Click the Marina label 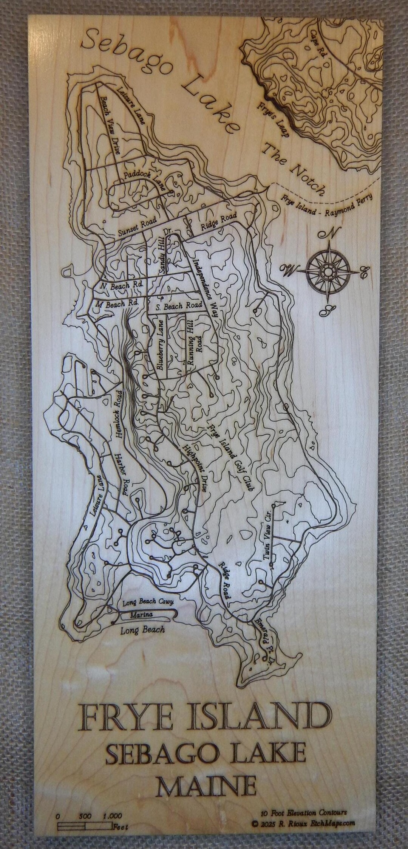pyautogui.click(x=141, y=615)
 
